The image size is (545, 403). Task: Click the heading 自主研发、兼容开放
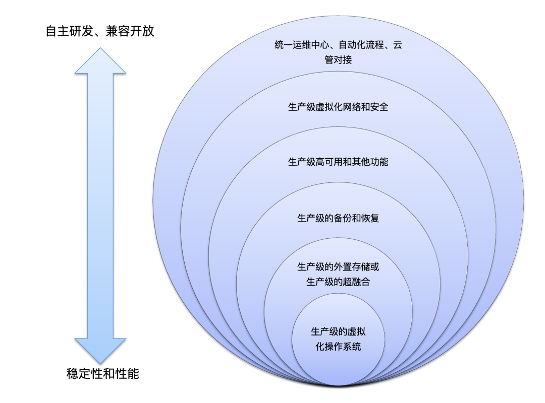[x=99, y=32]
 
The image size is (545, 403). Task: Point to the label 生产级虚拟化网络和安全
[x=338, y=107]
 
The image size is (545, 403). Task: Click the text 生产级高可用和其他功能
[x=338, y=162]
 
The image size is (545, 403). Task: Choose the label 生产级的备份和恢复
[x=338, y=219]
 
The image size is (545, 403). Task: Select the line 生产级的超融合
[x=338, y=282]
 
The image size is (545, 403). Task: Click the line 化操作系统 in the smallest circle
[x=338, y=347]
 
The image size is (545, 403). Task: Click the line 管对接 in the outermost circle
[x=338, y=60]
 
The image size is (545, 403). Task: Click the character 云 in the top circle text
[x=398, y=45]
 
